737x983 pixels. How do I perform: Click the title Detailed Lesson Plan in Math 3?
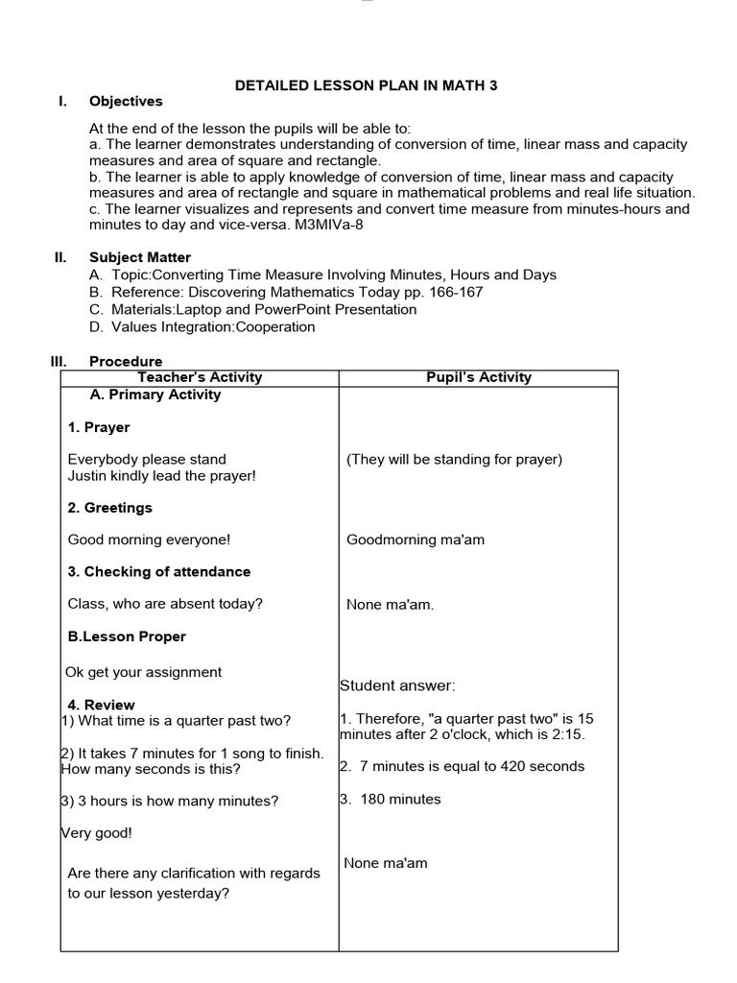367,85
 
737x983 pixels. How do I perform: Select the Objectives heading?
126,102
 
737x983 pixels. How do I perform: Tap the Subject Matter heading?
140,257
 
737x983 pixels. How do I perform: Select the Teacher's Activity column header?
200,377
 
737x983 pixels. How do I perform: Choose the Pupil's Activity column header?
478,377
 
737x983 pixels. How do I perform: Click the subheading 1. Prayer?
99,427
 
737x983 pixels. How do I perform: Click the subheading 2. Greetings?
110,508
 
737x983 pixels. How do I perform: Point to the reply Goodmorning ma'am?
416,539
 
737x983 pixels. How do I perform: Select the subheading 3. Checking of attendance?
159,571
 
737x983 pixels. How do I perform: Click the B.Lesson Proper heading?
127,636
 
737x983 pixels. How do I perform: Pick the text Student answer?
397,685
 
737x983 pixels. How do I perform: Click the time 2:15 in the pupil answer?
567,734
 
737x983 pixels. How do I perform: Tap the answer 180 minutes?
400,799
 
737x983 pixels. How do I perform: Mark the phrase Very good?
97,833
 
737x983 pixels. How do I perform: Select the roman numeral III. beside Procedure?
59,362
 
